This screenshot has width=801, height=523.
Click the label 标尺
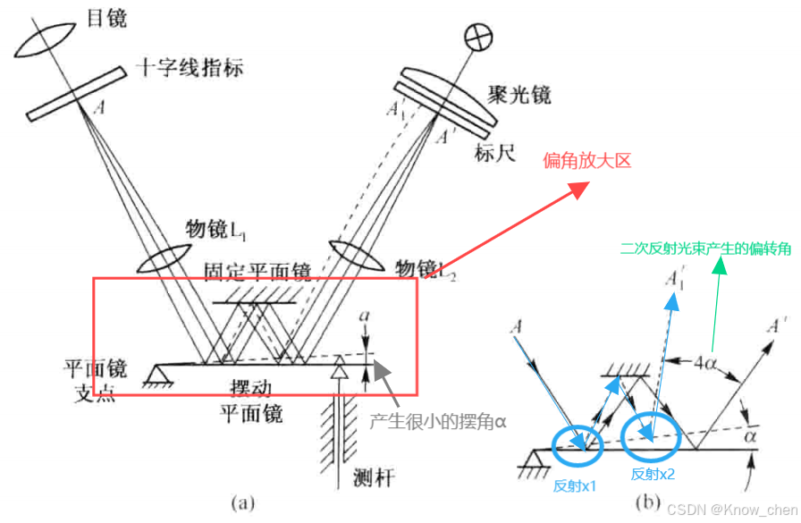click(x=497, y=153)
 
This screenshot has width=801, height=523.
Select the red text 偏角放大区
click(x=587, y=160)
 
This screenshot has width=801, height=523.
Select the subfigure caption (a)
click(x=243, y=503)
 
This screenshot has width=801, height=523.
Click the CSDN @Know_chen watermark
click(x=730, y=509)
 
